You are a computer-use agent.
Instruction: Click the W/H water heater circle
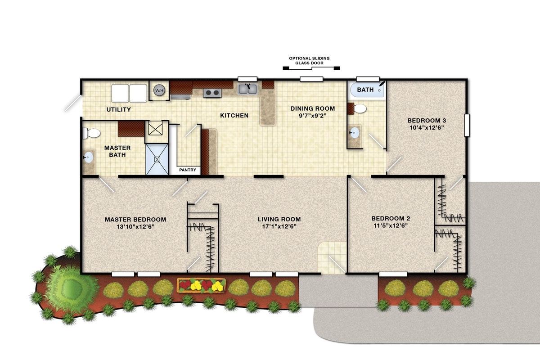tap(159, 90)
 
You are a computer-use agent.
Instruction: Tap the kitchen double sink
tap(248, 89)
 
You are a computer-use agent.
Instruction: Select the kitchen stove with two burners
tap(212, 93)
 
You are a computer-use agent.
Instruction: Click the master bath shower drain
tap(157, 159)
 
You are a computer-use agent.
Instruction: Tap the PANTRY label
tap(188, 170)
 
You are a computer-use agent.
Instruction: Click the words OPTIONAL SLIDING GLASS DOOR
tap(309, 60)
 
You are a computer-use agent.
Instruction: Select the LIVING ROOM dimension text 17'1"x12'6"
tap(279, 226)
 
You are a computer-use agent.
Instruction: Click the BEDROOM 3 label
tap(427, 120)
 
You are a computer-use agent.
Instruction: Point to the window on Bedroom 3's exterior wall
tap(467, 125)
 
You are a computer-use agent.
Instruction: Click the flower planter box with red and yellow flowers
tap(201, 285)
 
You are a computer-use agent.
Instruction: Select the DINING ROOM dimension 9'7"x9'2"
tap(313, 116)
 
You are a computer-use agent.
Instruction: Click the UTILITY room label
tap(119, 109)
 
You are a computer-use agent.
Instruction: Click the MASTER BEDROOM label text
tap(135, 220)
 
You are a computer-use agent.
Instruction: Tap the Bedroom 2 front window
tap(393, 274)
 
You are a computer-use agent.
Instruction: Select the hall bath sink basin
tap(355, 133)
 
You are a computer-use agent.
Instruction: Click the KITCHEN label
tap(234, 116)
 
